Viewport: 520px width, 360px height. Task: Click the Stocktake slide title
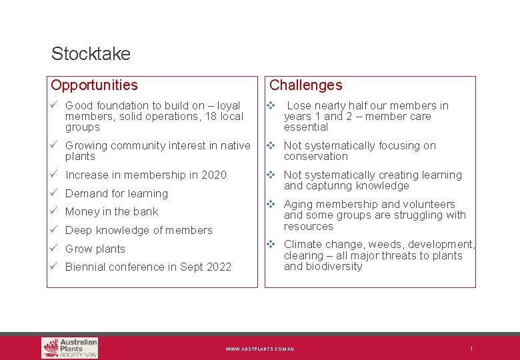click(x=91, y=53)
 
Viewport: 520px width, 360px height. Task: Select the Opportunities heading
click(x=94, y=85)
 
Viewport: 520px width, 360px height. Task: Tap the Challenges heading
click(x=305, y=85)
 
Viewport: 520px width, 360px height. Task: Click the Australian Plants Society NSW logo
click(x=69, y=347)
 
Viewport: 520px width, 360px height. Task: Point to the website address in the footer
click(x=259, y=349)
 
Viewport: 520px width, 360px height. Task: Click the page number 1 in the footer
click(x=471, y=349)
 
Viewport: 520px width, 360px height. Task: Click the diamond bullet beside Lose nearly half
click(x=271, y=105)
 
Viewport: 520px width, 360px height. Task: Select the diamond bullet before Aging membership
click(x=271, y=204)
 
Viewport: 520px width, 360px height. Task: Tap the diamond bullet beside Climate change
click(x=271, y=244)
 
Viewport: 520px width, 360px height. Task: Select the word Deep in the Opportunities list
click(x=78, y=231)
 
